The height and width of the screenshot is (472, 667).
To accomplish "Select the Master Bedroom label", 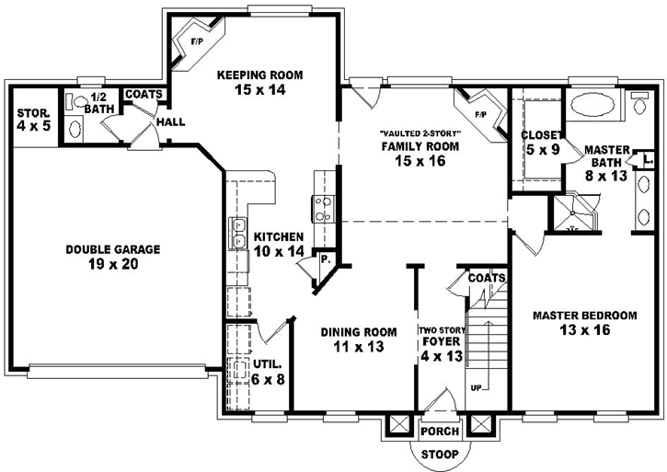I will [584, 323].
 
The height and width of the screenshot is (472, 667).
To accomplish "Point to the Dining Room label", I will [358, 340].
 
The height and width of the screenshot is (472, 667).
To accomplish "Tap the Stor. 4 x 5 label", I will [32, 119].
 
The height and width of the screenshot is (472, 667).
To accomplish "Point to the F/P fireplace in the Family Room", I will [480, 114].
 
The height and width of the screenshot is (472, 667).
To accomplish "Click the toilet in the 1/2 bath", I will [78, 103].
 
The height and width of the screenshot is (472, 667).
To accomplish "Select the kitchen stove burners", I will [323, 209].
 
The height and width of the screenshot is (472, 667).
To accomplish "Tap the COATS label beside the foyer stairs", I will [485, 277].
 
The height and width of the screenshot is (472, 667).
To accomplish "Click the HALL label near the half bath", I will [171, 121].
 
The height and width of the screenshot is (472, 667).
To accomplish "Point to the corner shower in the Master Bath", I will [574, 214].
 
